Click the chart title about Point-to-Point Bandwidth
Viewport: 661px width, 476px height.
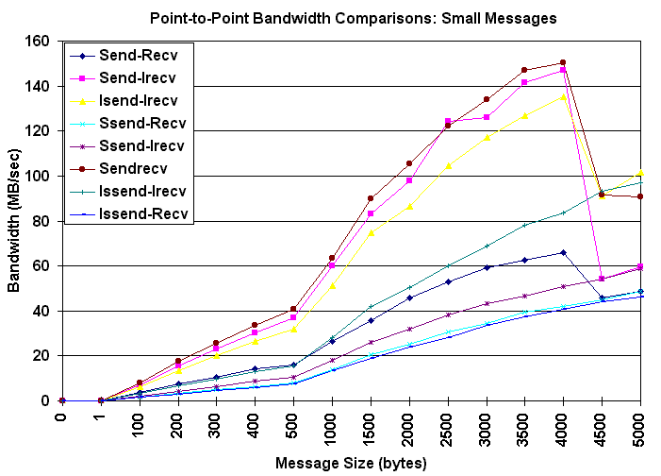[353, 18]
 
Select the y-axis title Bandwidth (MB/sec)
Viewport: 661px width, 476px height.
[15, 219]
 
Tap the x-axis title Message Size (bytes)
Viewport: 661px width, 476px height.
[351, 463]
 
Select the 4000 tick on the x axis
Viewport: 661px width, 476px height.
[564, 428]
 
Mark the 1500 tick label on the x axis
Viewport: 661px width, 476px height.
[371, 428]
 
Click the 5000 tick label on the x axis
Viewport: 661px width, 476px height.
[641, 428]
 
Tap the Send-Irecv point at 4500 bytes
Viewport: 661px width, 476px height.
[602, 279]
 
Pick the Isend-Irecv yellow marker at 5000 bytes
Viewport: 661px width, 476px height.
[640, 173]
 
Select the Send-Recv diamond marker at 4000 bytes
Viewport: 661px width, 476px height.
[563, 252]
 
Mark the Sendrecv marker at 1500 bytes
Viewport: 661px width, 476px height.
[370, 198]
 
